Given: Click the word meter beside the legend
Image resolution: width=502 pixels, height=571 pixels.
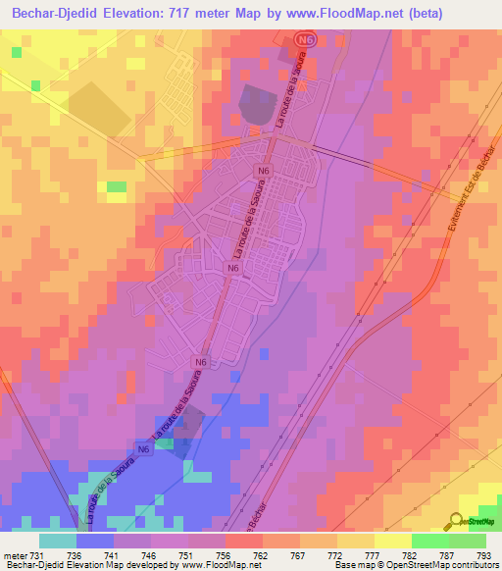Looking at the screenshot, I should [14, 555].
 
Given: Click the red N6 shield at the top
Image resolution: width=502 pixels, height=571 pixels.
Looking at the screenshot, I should [308, 38].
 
